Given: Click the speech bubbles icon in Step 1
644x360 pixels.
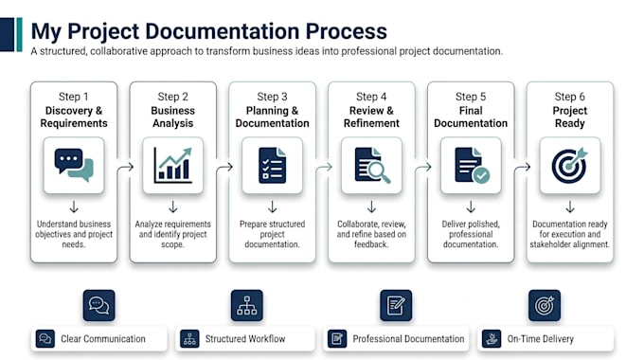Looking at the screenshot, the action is [x=74, y=165].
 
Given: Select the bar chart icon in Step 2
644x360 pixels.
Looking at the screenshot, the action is [x=173, y=165].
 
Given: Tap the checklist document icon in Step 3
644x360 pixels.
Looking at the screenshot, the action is [x=273, y=165].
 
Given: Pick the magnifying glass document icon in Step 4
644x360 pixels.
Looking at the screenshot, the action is [x=372, y=165].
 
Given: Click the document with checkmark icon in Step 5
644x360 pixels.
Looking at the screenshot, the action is [x=472, y=165].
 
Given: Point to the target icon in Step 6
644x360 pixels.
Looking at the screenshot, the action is [x=570, y=165].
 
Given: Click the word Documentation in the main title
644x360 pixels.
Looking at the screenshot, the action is [x=222, y=31].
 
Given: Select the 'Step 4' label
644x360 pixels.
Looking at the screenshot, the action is [x=371, y=97].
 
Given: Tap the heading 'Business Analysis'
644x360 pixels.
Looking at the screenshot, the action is [x=173, y=117].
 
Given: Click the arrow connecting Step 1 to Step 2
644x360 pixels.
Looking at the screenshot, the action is [x=125, y=168].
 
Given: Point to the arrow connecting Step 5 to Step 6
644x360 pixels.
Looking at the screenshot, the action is [x=522, y=168].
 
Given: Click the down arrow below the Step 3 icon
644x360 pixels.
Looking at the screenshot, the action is [x=273, y=207].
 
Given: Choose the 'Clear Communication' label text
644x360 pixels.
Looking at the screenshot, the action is [x=103, y=338].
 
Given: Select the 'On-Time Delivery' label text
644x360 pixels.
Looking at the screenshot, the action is [x=541, y=338].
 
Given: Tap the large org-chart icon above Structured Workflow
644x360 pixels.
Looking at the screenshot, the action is [x=247, y=305].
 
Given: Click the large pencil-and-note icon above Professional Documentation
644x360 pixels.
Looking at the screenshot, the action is [x=396, y=305].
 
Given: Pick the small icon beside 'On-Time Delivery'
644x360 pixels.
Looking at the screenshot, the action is [x=492, y=339].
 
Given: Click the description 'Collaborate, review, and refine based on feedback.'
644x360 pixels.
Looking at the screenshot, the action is [x=371, y=234].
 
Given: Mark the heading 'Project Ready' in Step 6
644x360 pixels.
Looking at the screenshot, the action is [x=570, y=117].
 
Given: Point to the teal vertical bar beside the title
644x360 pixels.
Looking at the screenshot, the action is [x=19, y=34].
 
